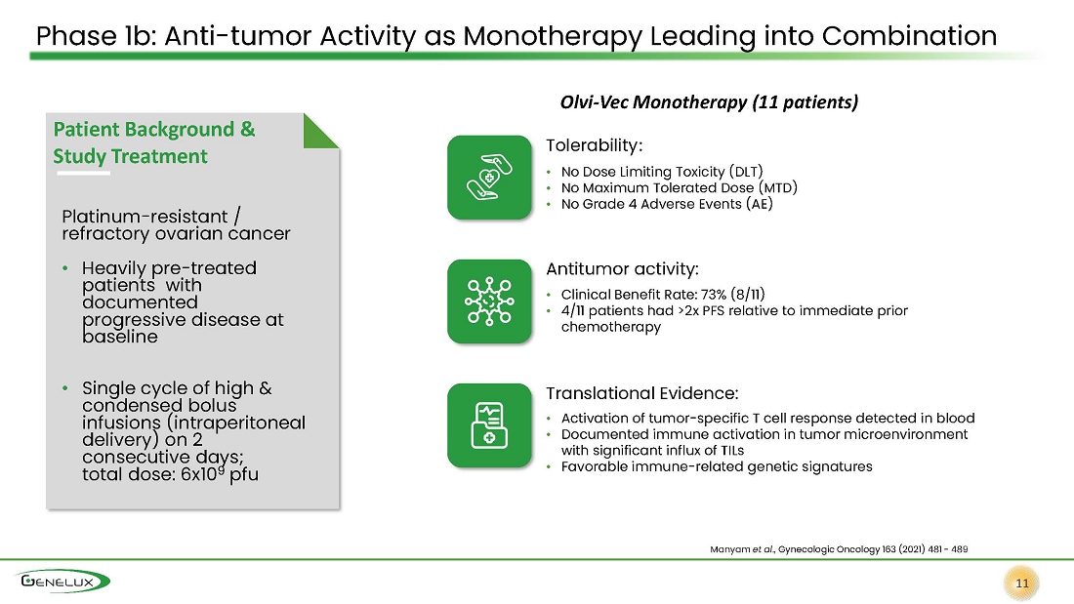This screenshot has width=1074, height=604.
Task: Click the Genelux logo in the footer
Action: [63, 582]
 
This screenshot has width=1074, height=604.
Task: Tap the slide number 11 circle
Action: [1022, 584]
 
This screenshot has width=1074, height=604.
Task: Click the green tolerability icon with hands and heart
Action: [489, 178]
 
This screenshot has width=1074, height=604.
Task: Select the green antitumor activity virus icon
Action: [489, 302]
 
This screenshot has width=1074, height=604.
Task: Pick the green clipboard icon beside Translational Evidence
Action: [489, 425]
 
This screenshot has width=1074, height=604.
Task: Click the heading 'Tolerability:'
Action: [594, 145]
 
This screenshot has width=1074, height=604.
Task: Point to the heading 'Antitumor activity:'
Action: [622, 269]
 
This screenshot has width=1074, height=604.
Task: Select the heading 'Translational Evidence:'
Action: [641, 393]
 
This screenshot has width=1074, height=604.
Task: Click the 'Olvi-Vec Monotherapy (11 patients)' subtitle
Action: [709, 102]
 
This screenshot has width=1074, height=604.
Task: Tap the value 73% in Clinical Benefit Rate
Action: [714, 295]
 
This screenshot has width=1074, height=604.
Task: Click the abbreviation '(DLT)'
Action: [746, 171]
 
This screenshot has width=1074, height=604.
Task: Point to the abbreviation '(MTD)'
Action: [778, 187]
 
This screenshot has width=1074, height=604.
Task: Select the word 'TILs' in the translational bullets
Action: [732, 451]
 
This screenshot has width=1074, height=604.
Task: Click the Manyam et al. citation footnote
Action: [839, 549]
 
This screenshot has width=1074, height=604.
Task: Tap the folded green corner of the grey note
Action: [319, 132]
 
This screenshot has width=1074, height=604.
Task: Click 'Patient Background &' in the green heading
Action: [154, 130]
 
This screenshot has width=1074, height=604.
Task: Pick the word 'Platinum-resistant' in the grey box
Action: [145, 217]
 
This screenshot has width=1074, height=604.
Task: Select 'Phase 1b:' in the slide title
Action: [97, 35]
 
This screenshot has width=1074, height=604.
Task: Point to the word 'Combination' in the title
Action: [910, 35]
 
